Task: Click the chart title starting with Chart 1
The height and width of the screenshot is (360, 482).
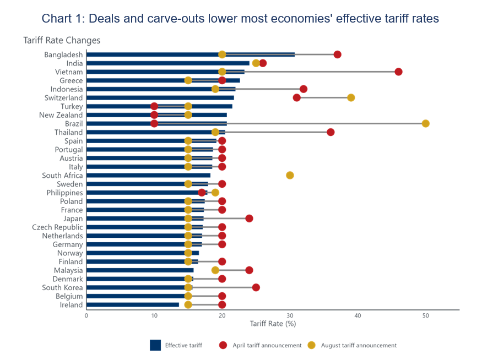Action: [240, 19]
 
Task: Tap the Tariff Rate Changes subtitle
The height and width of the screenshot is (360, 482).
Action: [62, 41]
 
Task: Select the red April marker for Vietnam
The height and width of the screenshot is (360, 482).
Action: [398, 72]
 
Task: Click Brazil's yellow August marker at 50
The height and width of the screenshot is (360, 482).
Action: [425, 123]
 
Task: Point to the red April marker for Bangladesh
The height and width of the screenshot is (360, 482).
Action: [337, 54]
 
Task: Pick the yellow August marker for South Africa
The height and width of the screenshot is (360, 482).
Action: [290, 176]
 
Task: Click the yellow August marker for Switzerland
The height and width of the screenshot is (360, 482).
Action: [351, 98]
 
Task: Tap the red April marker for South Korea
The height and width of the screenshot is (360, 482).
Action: [256, 287]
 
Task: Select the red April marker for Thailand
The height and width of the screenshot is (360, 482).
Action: [331, 132]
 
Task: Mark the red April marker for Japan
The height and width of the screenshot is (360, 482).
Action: [249, 219]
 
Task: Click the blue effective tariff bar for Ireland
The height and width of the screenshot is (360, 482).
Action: [132, 305]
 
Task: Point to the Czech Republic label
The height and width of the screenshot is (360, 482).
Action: [57, 227]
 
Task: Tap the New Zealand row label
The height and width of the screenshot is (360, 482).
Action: [61, 115]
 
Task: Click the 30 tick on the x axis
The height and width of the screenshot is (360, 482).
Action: [290, 315]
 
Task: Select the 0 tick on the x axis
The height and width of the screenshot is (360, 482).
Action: [86, 315]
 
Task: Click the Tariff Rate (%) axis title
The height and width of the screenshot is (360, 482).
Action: [273, 324]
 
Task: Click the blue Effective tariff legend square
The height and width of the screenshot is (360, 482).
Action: [155, 345]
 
